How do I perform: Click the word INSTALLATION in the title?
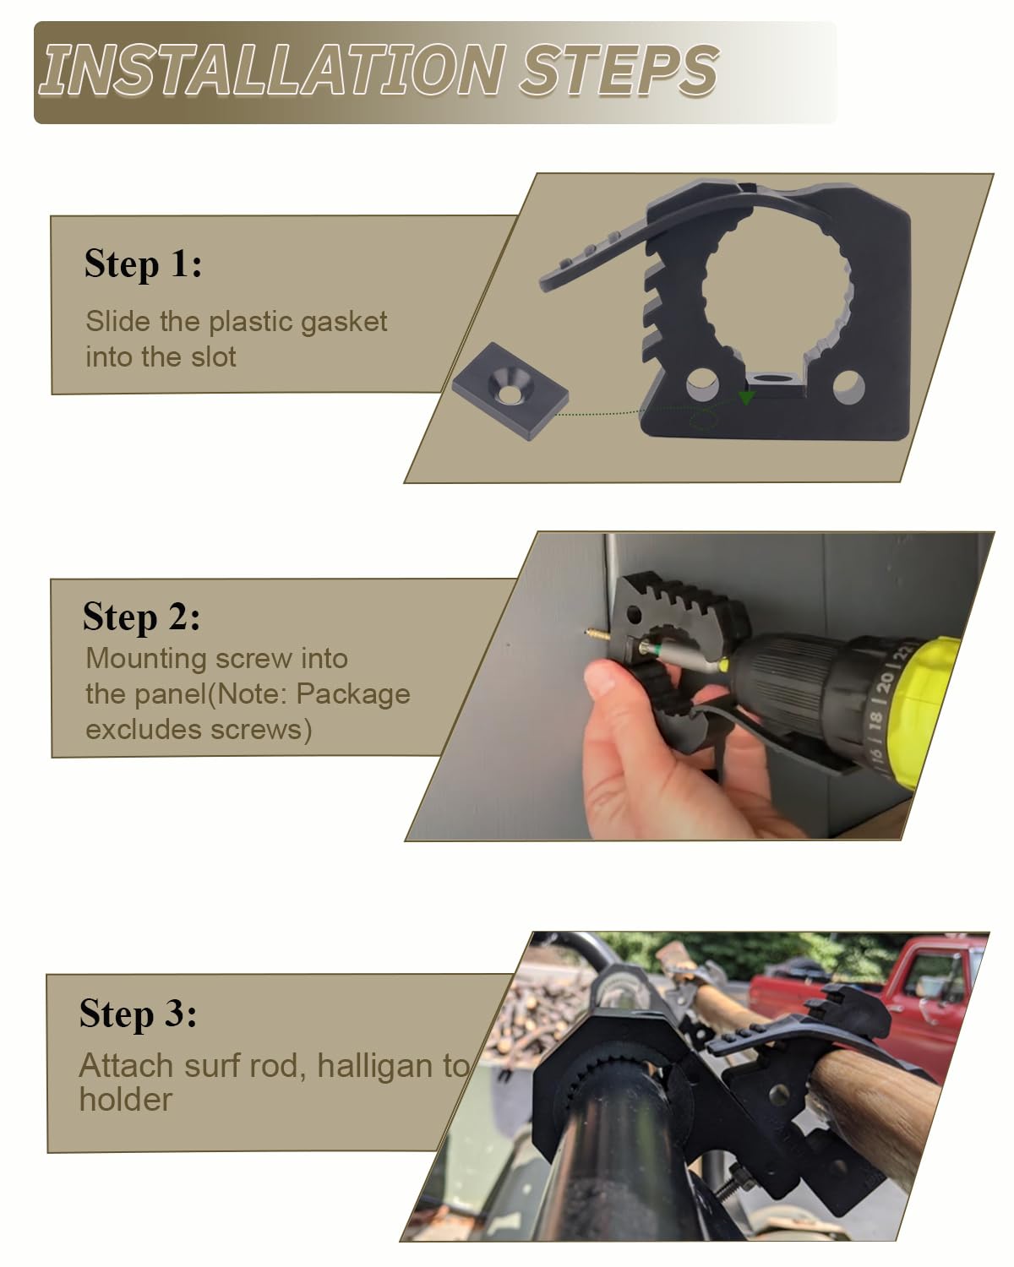(x=272, y=70)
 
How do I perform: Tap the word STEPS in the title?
(x=619, y=70)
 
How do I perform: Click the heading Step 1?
(x=143, y=264)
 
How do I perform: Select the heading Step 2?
(x=141, y=617)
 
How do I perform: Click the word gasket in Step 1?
(x=344, y=323)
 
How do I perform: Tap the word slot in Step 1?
(x=213, y=356)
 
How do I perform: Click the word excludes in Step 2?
(x=143, y=730)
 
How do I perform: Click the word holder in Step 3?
(x=126, y=1099)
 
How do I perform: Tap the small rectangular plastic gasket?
(x=510, y=390)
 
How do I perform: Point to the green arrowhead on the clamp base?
(x=746, y=398)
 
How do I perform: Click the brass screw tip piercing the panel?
(x=597, y=634)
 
